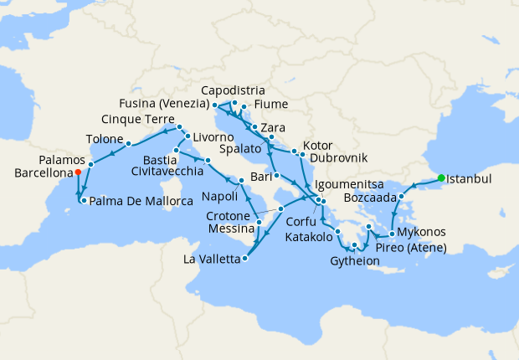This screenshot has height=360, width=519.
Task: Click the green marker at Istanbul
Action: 440,177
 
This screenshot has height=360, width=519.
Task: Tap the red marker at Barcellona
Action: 78,172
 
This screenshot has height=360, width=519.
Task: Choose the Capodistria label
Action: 234,90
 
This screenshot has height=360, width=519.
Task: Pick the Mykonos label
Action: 421,232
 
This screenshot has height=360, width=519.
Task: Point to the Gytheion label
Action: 355,261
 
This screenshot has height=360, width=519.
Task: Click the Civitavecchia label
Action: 167,171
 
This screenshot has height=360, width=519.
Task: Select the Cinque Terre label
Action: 139,118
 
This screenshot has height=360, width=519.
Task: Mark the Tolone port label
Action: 105,139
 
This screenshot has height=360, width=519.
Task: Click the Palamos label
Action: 62,160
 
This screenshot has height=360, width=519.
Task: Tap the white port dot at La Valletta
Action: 244,259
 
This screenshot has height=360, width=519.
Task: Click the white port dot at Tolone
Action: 128,144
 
